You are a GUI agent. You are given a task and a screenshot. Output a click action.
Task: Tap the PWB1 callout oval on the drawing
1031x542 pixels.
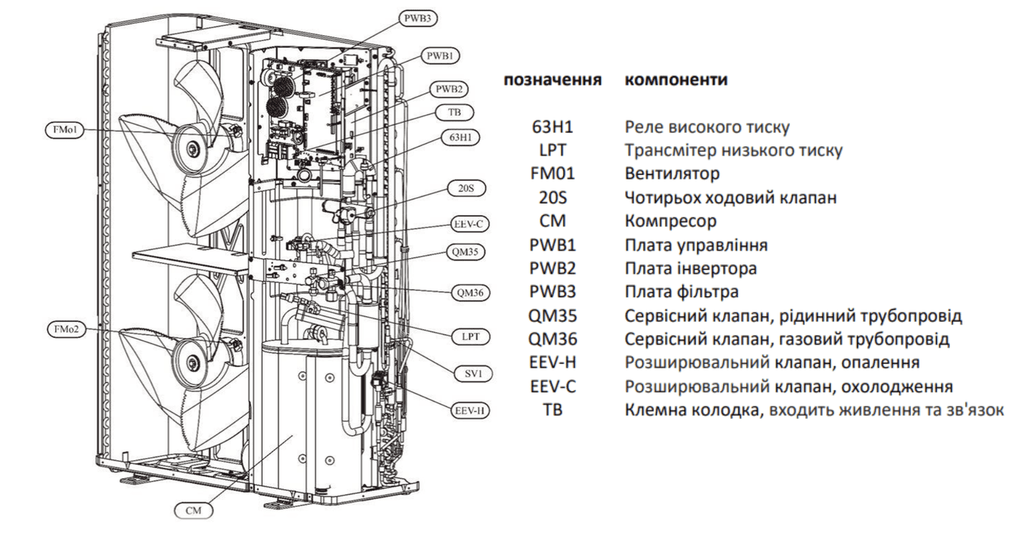443,54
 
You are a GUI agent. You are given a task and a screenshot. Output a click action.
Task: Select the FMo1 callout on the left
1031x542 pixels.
64,130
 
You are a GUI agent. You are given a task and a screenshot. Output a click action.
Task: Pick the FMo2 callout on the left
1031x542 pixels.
64,329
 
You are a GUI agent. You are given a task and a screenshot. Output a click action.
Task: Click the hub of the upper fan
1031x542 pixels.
193,148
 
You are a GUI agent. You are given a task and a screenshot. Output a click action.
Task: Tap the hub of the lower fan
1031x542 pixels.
193,363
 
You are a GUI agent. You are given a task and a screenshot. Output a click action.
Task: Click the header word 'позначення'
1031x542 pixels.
552,80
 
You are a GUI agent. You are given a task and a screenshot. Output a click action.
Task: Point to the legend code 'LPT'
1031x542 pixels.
552,151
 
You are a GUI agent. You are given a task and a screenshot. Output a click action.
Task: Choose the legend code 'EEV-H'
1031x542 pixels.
552,363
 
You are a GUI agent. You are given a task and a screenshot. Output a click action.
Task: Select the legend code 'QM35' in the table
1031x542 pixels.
552,316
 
